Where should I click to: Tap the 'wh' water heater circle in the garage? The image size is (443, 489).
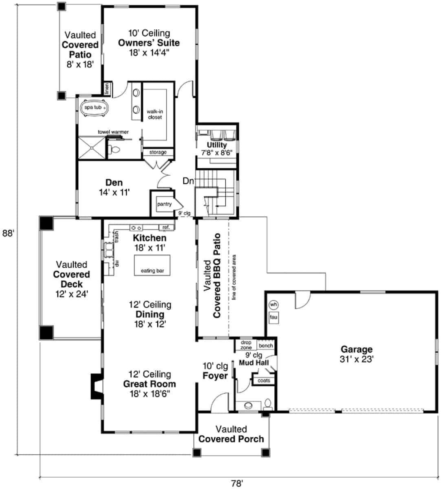tap(273, 305)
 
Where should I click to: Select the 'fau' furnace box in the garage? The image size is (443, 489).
tap(273, 317)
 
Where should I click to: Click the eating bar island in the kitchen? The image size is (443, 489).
tap(152, 265)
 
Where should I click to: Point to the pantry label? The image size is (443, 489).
tap(164, 204)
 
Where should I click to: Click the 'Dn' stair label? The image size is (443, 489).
tap(188, 181)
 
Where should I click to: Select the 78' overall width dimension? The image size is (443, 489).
tap(237, 483)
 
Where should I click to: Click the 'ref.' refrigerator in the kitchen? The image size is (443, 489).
tap(166, 227)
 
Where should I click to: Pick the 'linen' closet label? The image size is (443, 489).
tap(107, 88)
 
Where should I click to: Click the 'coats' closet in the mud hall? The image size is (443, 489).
tap(264, 381)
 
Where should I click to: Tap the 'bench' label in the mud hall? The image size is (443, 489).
tap(266, 346)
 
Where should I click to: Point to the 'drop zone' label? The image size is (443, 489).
tap(246, 345)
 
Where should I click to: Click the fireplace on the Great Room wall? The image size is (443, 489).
tap(96, 386)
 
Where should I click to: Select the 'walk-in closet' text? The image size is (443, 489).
tap(155, 115)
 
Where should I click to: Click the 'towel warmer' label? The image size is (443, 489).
tap(113, 132)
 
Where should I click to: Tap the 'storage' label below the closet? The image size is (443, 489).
tap(158, 152)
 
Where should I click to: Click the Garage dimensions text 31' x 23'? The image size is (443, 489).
tap(357, 359)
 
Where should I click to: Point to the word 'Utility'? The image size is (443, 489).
tap(216, 145)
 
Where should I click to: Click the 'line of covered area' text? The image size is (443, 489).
tap(234, 277)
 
